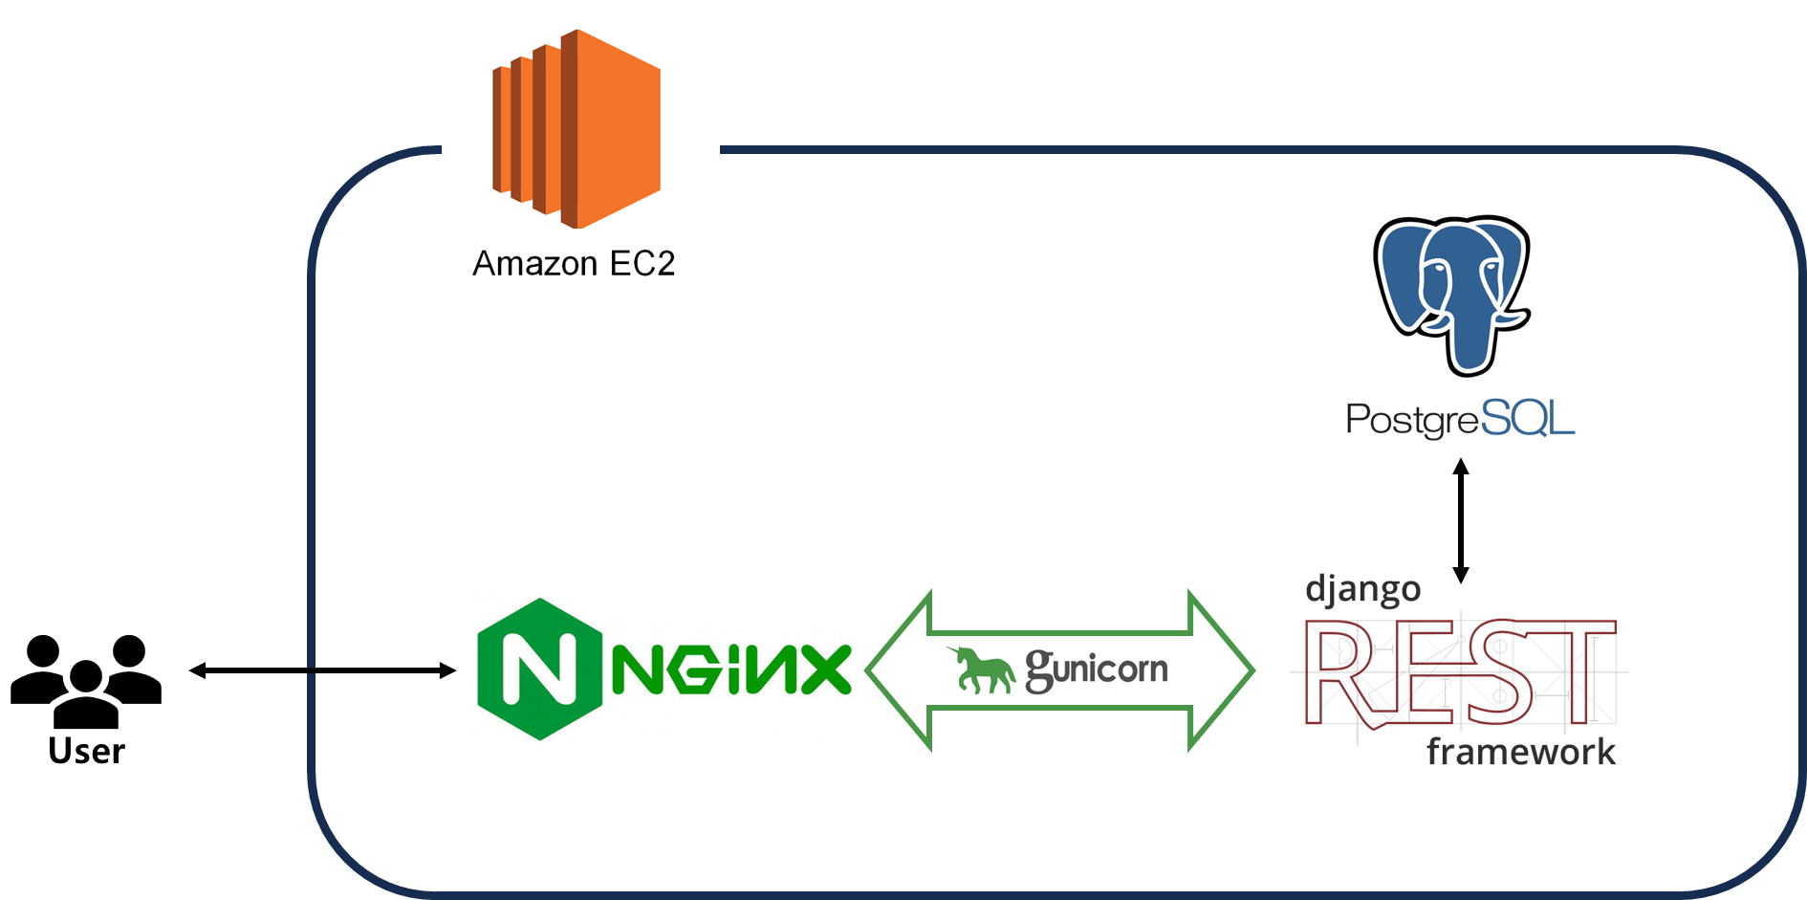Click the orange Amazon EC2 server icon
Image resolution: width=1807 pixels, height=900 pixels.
pyautogui.click(x=577, y=129)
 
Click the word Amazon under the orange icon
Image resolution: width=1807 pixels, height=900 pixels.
pyautogui.click(x=532, y=263)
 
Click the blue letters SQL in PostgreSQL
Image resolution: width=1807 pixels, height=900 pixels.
pyautogui.click(x=1527, y=419)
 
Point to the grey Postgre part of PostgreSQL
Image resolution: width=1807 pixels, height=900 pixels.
pyautogui.click(x=1411, y=420)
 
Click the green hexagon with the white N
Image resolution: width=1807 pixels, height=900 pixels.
pyautogui.click(x=539, y=670)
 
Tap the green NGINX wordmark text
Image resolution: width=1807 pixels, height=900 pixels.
pyautogui.click(x=731, y=670)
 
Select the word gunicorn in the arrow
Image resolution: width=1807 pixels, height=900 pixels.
pyautogui.click(x=1097, y=669)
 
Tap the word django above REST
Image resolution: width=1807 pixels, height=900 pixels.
pyautogui.click(x=1362, y=589)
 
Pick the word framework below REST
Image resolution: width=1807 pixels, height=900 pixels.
pyautogui.click(x=1520, y=752)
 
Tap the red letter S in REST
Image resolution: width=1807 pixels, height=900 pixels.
pyautogui.click(x=1500, y=671)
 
